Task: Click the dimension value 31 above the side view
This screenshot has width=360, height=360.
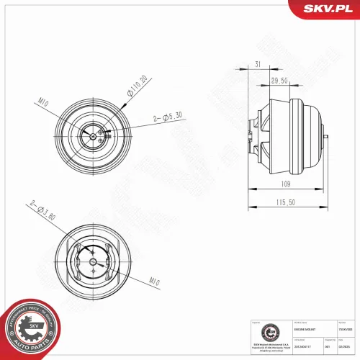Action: [258, 66]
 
